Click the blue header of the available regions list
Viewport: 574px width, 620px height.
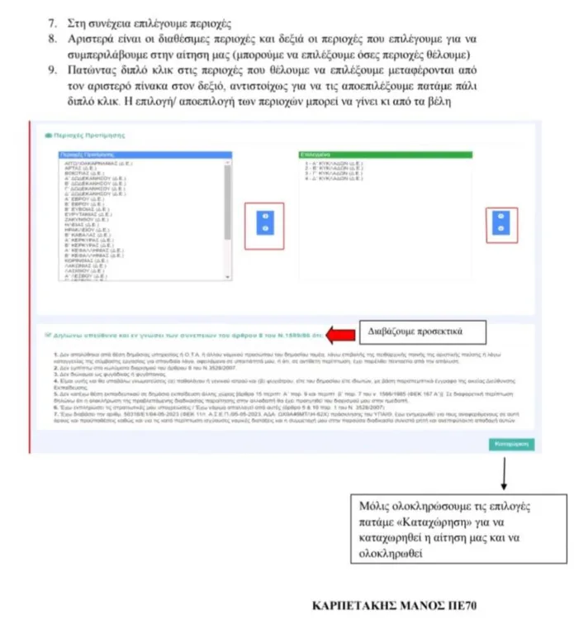pyautogui.click(x=145, y=155)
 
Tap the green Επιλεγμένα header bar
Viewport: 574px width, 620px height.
pyautogui.click(x=384, y=155)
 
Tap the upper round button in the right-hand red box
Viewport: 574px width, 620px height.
pyautogui.click(x=501, y=216)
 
